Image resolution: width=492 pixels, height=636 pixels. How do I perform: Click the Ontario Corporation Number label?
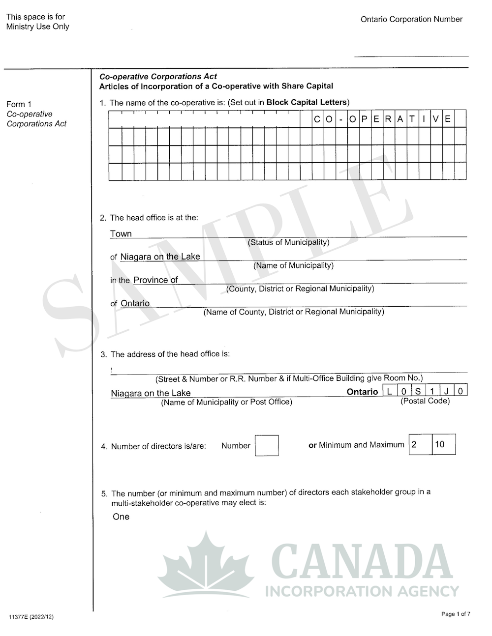(x=411, y=19)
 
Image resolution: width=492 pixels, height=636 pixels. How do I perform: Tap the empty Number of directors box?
(x=267, y=445)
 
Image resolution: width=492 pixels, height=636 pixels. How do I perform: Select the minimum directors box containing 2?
(x=420, y=444)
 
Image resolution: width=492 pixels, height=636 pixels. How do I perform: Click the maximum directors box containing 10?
(x=443, y=444)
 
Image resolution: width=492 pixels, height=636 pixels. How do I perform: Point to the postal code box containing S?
(x=417, y=391)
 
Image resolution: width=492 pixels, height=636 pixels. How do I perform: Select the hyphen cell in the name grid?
(x=341, y=119)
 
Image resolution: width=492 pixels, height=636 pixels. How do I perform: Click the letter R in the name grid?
(x=388, y=119)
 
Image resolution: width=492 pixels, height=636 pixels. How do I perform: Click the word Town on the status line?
(x=121, y=234)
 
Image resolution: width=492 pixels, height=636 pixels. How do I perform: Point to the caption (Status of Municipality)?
(x=288, y=242)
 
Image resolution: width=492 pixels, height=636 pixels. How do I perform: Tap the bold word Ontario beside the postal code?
(x=362, y=392)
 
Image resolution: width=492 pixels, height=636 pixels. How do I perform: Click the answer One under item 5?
(x=121, y=517)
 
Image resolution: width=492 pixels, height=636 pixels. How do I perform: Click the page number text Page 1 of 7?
(x=456, y=614)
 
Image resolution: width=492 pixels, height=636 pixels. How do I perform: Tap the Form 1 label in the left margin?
(x=19, y=104)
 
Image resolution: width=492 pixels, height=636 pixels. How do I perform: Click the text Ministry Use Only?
(x=37, y=27)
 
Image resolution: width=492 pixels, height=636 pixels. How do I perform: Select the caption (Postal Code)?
(x=425, y=401)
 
